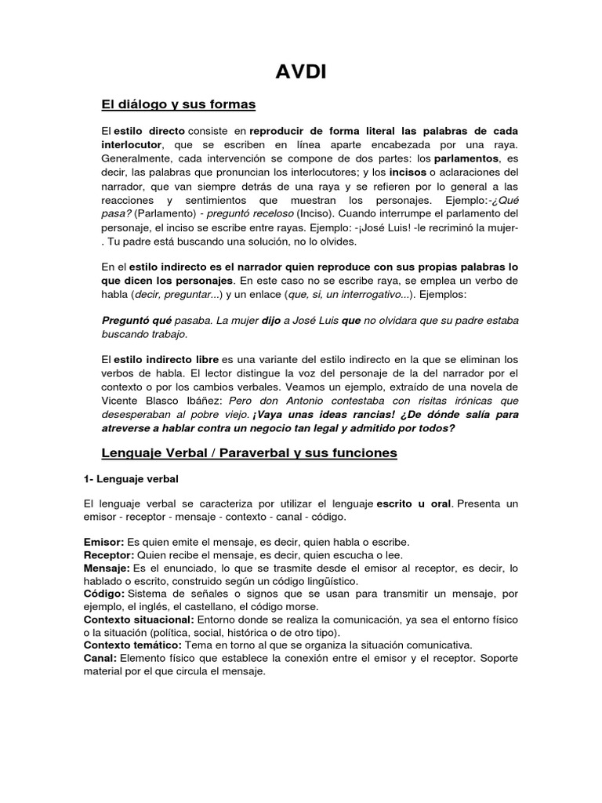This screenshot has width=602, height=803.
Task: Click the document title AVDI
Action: pyautogui.click(x=301, y=73)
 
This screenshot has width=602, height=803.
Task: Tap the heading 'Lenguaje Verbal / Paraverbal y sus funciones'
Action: pyautogui.click(x=250, y=452)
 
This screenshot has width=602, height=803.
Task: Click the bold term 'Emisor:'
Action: pyautogui.click(x=103, y=542)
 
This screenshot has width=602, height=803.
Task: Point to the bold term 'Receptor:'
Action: pyautogui.click(x=109, y=555)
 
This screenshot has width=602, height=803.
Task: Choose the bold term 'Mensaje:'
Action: pyautogui.click(x=107, y=568)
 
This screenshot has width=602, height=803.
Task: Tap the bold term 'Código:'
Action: pyautogui.click(x=103, y=594)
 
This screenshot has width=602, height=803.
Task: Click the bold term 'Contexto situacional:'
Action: pyautogui.click(x=138, y=620)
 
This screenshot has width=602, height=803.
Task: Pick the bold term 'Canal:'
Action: pyautogui.click(x=100, y=658)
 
